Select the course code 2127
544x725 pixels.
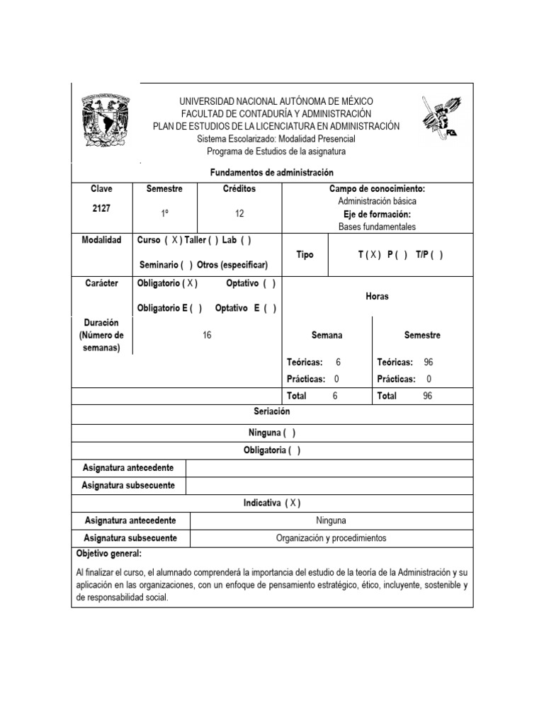click(x=101, y=208)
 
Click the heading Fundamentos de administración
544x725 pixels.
click(x=272, y=173)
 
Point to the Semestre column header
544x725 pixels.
click(x=164, y=189)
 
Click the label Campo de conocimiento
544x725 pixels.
click(x=377, y=189)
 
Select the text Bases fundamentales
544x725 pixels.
click(x=377, y=227)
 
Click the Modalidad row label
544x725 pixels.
click(x=101, y=241)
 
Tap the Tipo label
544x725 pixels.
click(x=305, y=255)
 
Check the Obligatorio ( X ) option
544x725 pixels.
click(x=167, y=283)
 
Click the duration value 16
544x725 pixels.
click(x=207, y=336)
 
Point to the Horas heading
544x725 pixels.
click(x=377, y=297)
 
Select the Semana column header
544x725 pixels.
click(x=327, y=336)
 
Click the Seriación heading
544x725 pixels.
click(x=272, y=411)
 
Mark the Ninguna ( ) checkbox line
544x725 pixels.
click(x=272, y=433)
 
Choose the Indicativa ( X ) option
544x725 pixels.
click(x=272, y=503)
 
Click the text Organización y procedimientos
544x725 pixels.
click(x=331, y=538)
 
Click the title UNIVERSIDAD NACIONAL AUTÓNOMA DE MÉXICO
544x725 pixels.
click(x=276, y=102)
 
